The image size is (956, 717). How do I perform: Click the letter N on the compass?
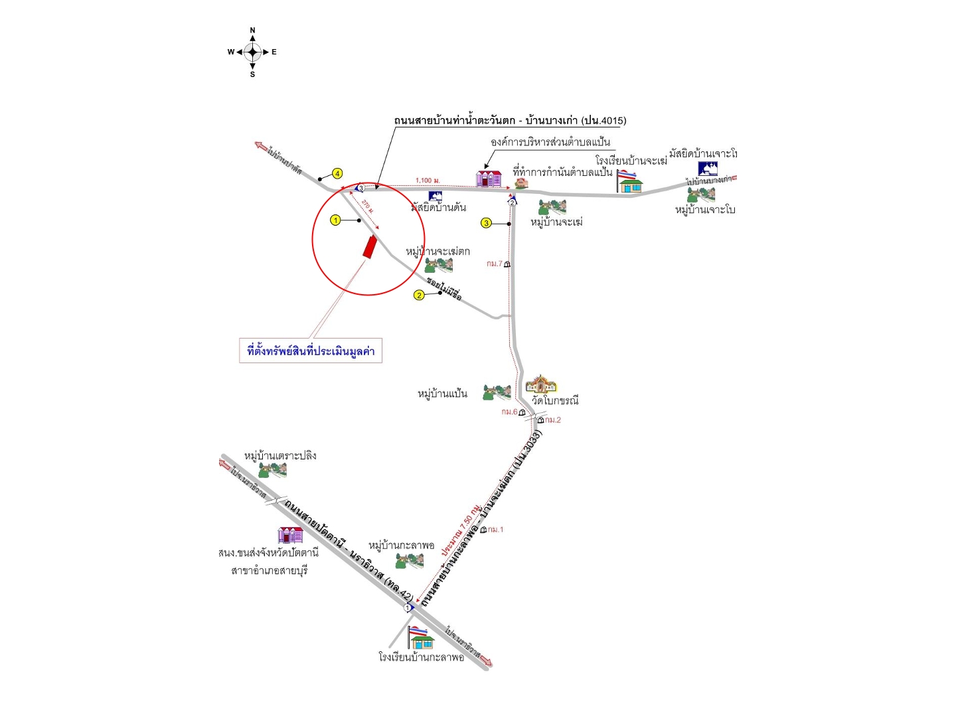(x=252, y=31)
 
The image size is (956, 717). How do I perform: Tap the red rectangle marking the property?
(x=369, y=246)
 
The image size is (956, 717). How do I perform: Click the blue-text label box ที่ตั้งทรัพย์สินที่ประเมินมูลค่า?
(x=311, y=351)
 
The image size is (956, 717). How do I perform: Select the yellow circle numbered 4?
(x=337, y=174)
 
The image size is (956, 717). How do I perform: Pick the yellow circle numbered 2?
(x=419, y=295)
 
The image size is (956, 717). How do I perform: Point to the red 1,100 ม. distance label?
(x=428, y=181)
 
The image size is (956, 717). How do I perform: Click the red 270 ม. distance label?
(x=368, y=206)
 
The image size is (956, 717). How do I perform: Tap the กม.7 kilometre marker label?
(x=495, y=264)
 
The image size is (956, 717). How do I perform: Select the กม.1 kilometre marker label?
(x=495, y=529)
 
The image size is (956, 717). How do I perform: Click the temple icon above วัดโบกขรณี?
(x=540, y=384)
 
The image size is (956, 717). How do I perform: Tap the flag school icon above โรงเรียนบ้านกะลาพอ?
(x=421, y=637)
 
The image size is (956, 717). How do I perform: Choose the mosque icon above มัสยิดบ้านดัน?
(x=436, y=197)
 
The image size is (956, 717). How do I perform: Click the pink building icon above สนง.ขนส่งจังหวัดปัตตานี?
(x=290, y=535)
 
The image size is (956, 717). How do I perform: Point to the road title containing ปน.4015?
(x=510, y=120)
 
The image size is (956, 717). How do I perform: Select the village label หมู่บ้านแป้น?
(x=442, y=394)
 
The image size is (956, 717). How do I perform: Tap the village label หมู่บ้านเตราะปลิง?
(x=280, y=455)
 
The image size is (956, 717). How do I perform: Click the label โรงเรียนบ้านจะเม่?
(x=631, y=161)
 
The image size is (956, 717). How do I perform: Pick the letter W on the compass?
(x=231, y=52)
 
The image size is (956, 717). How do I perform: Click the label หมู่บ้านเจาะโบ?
(x=705, y=210)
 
